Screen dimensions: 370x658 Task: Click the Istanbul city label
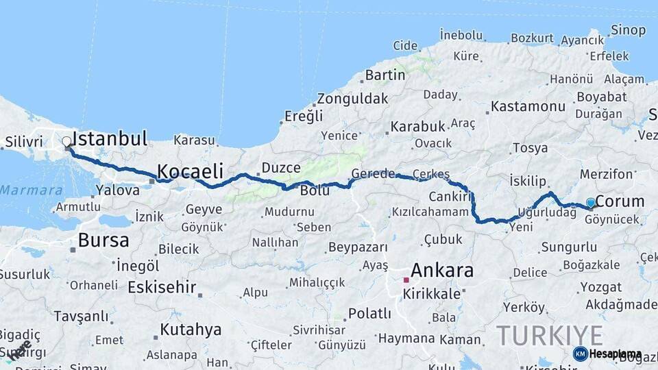[110, 139]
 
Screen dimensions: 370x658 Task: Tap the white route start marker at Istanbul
[66, 142]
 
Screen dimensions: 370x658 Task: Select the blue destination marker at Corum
[590, 203]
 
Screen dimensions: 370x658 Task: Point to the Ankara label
[442, 270]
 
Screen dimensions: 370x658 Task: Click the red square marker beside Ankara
[406, 280]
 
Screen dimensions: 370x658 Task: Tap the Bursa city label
[103, 241]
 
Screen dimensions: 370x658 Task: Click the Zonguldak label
[352, 99]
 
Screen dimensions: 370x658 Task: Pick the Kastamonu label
[528, 106]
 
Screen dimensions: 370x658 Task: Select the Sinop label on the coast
[628, 30]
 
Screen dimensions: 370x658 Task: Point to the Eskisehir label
[162, 287]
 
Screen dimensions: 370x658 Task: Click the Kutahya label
[191, 330]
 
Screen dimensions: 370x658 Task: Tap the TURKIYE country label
[550, 336]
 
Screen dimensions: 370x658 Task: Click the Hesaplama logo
[607, 354]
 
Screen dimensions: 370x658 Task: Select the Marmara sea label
[32, 190]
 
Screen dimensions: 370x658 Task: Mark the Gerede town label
[373, 173]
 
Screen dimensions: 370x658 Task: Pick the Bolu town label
[315, 190]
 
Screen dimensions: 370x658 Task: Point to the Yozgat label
[600, 287]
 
